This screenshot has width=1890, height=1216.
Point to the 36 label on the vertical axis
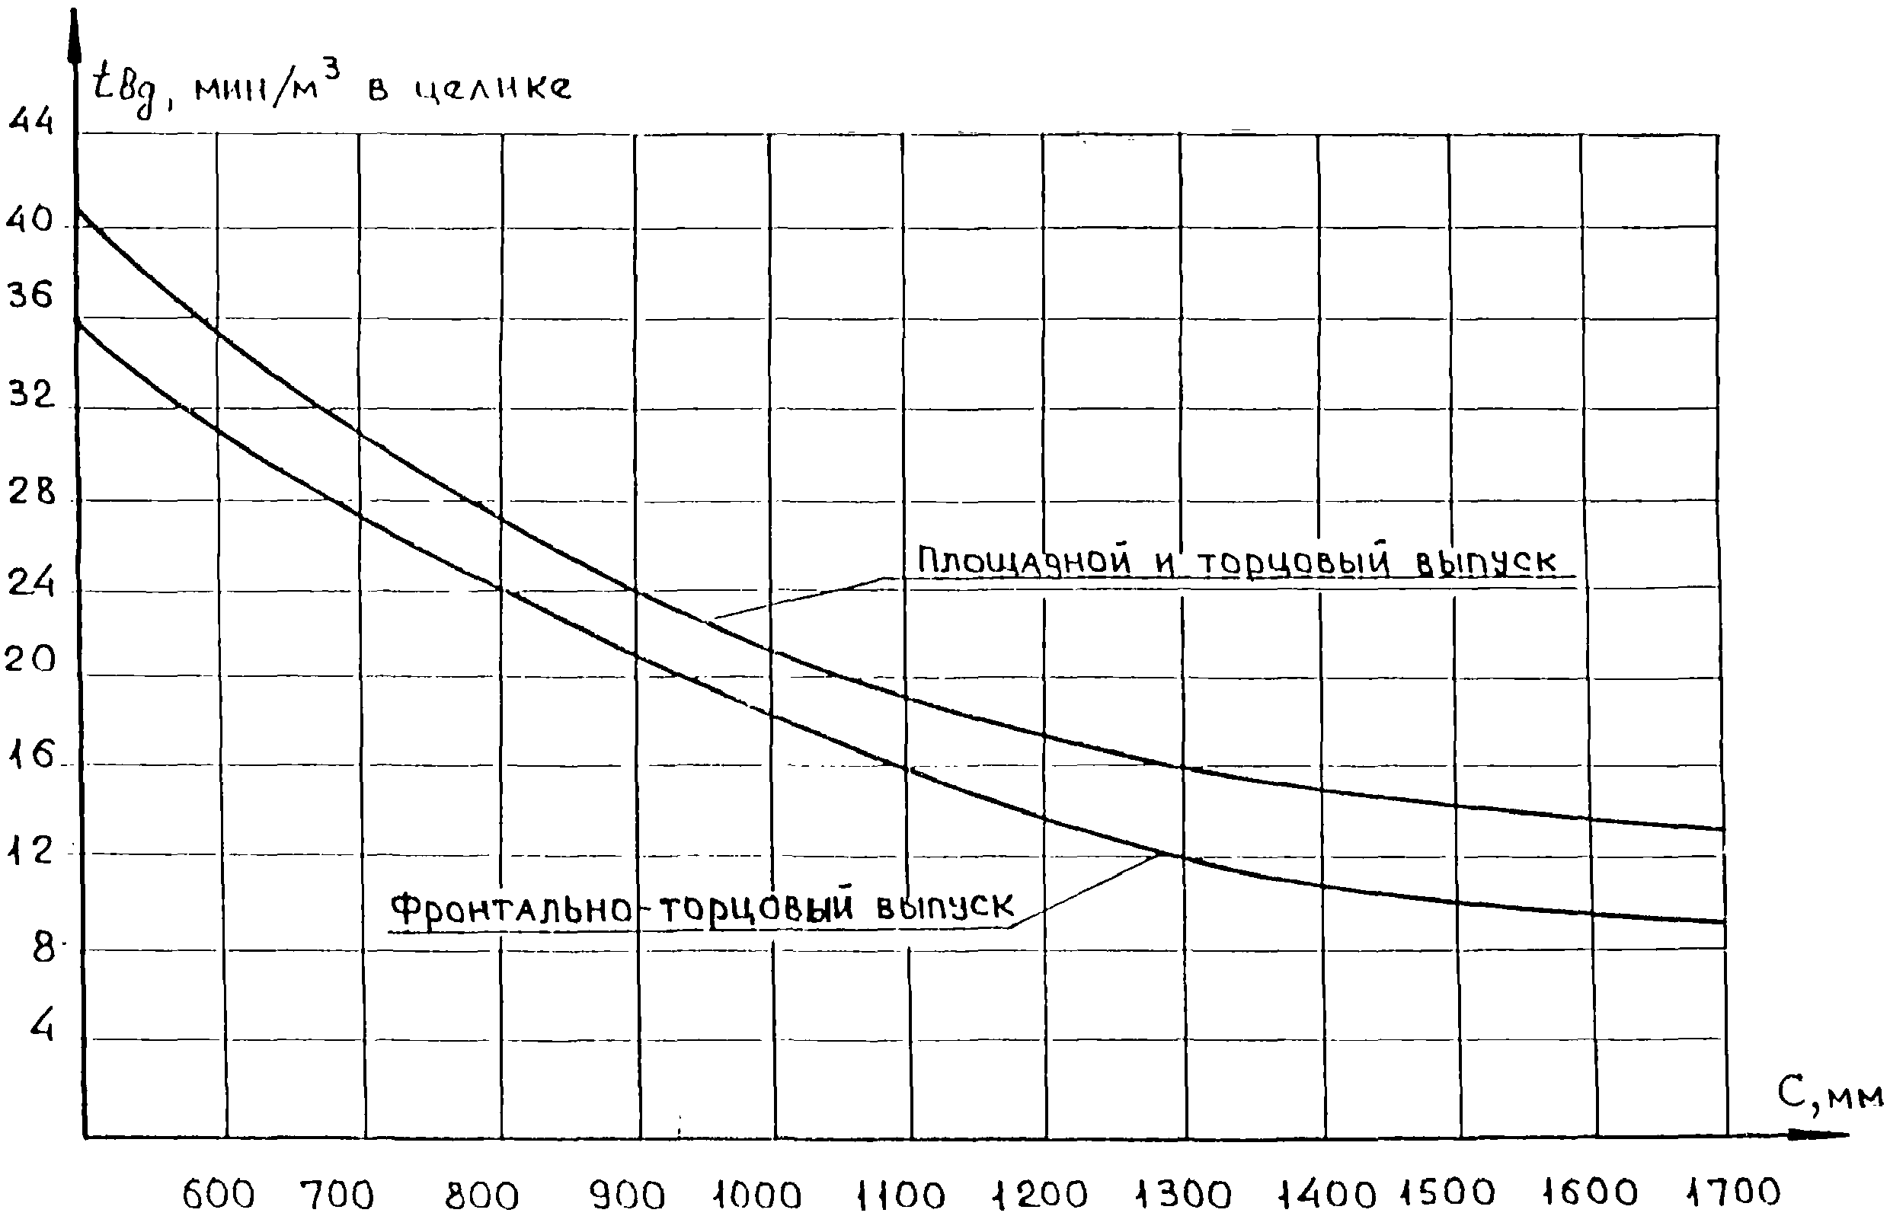click(x=30, y=295)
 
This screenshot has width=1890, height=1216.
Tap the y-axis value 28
click(x=31, y=491)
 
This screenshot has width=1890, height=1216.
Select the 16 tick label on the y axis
click(x=31, y=755)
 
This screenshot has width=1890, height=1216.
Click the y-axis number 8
click(x=43, y=947)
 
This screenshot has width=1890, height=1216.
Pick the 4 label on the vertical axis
click(x=41, y=1026)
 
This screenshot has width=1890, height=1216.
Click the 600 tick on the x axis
click(x=218, y=1194)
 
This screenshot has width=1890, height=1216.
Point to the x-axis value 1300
click(x=1182, y=1194)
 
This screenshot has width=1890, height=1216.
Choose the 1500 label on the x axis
click(x=1447, y=1192)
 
